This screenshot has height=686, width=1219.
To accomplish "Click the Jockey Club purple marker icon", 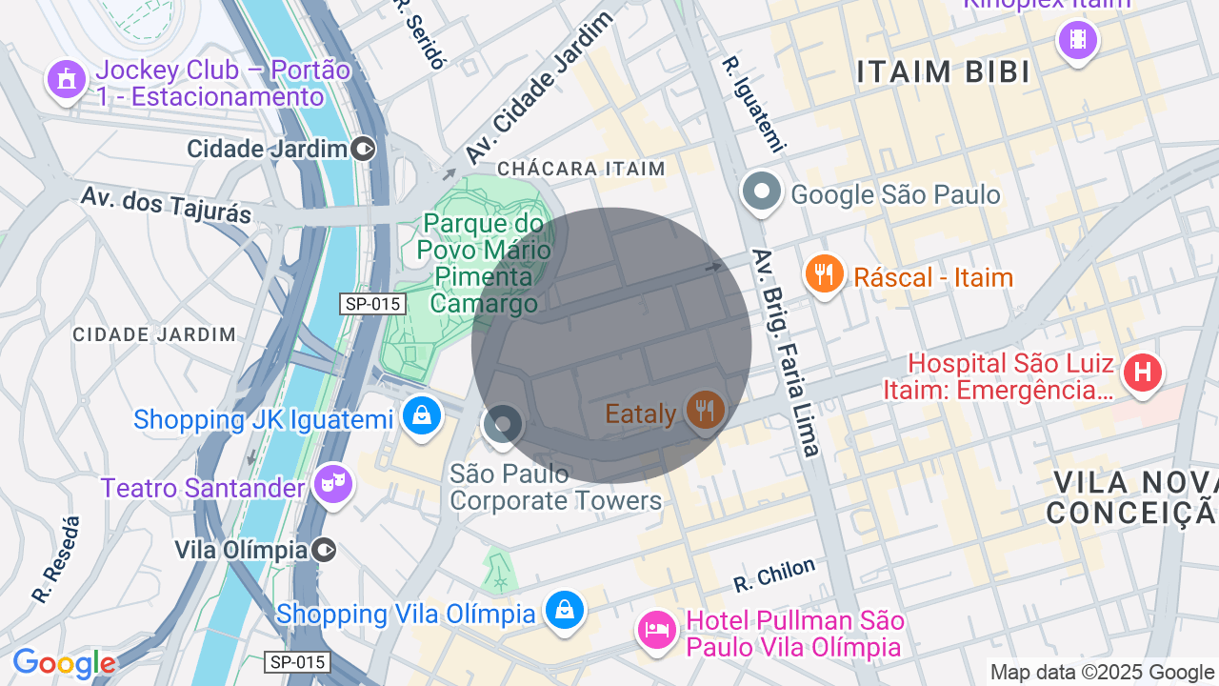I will point(66,79).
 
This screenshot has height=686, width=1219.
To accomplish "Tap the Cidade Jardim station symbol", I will point(363,149).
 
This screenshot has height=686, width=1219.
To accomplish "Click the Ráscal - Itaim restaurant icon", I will point(824,274).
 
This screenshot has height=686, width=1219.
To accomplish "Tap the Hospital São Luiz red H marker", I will point(1142,372).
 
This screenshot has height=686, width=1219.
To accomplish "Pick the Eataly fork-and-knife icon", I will point(705,411).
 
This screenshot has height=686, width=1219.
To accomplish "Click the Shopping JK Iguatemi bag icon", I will point(420,416).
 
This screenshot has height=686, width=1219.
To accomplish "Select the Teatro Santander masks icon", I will point(332,484).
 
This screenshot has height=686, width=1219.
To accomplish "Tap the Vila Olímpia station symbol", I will point(324,550).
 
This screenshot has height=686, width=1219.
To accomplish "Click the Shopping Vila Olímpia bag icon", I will point(564,610).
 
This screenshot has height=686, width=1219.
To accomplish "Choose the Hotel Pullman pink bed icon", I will point(656,630).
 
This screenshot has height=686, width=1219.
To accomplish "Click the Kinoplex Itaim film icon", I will point(1077,39).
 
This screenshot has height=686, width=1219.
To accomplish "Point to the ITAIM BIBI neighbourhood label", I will point(943,72).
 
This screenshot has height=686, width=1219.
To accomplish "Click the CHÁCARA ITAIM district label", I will point(581,169).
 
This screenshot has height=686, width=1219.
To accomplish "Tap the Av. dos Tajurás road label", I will point(166,205).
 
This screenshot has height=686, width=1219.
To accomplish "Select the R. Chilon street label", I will point(774,574).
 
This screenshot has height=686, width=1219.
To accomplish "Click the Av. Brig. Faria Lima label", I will point(786,353).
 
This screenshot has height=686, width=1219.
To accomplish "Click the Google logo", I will point(64,664).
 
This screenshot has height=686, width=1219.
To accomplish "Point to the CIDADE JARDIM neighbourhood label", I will point(154,334).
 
